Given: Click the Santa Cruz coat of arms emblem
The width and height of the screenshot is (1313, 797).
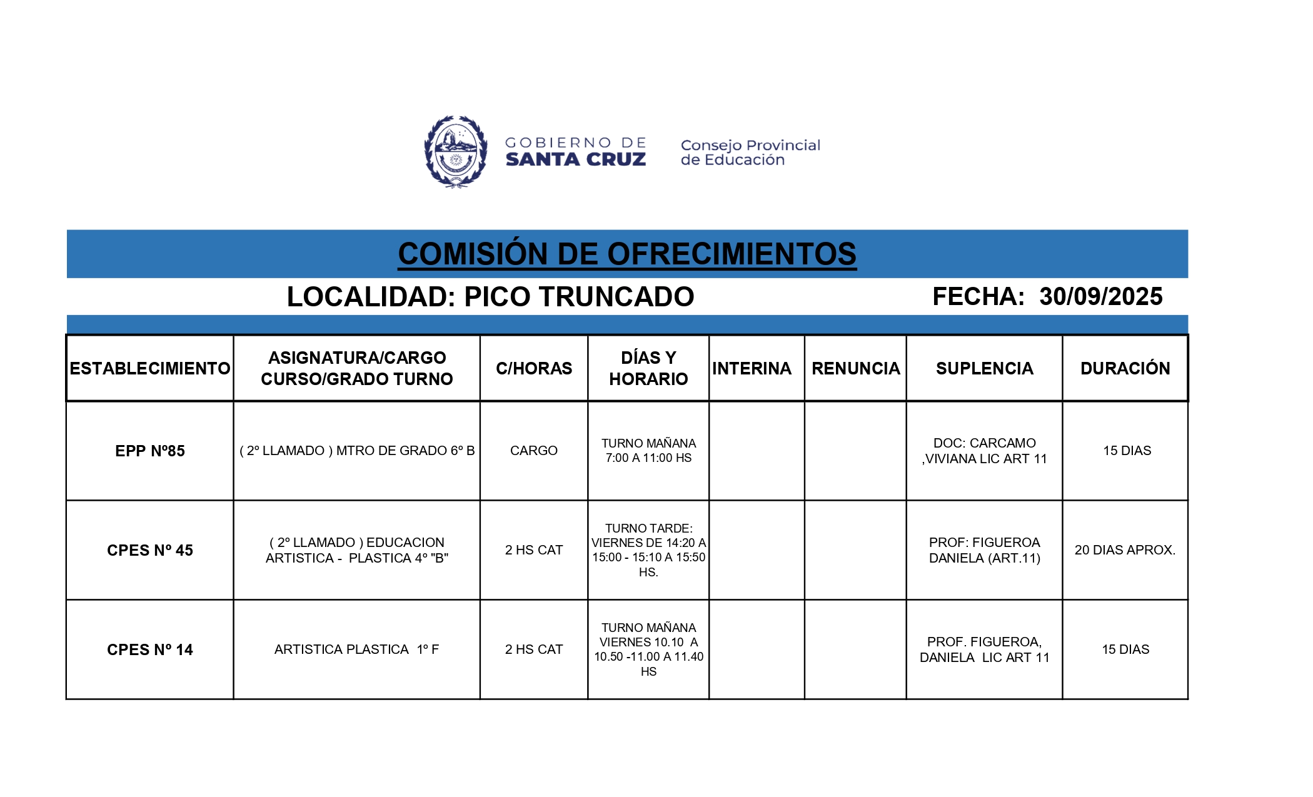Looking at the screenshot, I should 456,151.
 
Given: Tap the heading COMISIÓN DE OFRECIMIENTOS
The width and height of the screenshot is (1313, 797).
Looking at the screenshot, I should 627,254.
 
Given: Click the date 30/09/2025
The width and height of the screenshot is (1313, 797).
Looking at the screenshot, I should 1100,296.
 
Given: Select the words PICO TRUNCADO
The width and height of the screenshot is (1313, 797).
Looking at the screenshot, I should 579,297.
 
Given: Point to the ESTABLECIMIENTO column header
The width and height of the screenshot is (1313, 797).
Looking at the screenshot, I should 150,368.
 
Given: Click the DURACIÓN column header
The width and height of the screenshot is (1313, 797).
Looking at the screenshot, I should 1125,368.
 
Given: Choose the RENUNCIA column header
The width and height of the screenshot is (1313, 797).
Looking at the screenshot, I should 855,368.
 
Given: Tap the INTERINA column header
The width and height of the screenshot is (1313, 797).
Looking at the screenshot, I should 752,368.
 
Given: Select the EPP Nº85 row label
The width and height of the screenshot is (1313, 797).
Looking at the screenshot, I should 150,451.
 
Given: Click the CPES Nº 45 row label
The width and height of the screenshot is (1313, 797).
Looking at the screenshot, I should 150,550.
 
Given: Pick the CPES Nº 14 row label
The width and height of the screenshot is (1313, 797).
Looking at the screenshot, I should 150,649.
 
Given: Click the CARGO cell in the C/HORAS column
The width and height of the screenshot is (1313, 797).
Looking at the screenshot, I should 533,451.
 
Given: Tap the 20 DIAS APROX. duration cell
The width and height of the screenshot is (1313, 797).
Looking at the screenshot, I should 1125,550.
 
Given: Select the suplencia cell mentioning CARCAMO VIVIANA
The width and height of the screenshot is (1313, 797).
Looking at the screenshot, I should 984,451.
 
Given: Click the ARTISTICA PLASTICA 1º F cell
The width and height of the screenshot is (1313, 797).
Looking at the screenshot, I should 356,649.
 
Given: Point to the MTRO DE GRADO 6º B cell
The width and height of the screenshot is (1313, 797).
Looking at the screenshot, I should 357,451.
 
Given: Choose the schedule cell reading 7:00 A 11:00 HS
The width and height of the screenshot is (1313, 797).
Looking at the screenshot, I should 648,451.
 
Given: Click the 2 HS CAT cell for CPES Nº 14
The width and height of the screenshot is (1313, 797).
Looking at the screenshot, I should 533,649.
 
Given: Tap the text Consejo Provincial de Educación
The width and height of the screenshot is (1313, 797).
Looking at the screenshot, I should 750,153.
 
